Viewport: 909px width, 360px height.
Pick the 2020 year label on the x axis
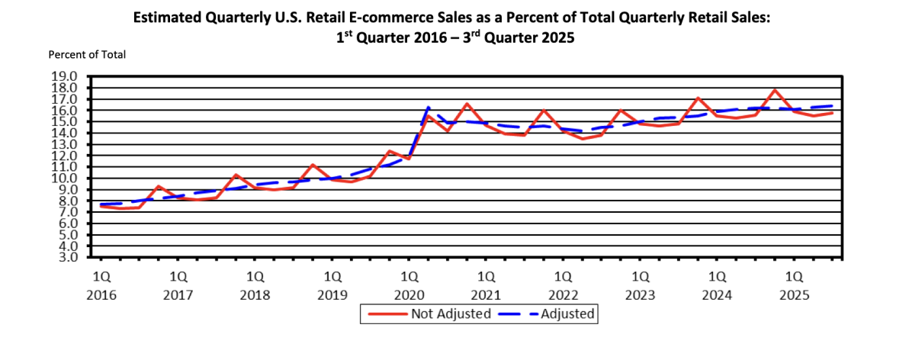tap(409, 295)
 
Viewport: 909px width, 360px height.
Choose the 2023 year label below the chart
tap(640, 295)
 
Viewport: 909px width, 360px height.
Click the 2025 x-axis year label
tap(794, 295)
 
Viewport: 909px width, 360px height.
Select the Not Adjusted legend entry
tap(451, 313)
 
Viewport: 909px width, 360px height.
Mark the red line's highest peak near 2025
tap(776, 90)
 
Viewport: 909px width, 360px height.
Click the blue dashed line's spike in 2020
tap(429, 107)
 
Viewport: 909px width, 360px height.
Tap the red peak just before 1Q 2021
tap(467, 104)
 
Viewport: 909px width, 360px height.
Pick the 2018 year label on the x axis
tap(255, 295)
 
